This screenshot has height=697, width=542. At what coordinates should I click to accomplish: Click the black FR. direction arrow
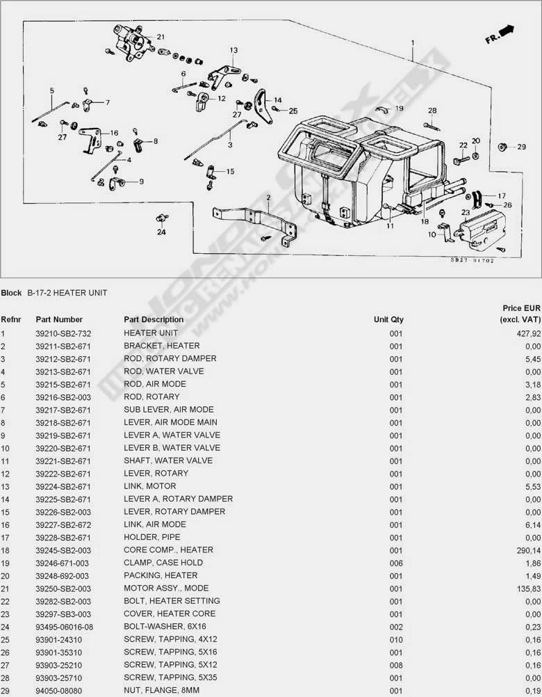coord(507,31)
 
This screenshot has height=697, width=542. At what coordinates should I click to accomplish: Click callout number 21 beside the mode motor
coord(161,37)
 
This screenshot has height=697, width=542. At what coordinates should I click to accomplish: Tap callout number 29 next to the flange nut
coord(522,147)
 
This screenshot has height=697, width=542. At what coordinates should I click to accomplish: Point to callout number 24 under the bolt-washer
coord(162,232)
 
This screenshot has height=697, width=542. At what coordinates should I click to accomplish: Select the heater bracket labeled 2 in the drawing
coord(254,225)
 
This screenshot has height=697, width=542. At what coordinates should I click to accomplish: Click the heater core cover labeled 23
coord(480,230)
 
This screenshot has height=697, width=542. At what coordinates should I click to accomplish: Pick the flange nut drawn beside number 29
coord(503,147)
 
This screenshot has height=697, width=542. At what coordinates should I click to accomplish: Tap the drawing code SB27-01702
coord(472,260)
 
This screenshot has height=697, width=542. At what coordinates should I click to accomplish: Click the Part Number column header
coord(59,319)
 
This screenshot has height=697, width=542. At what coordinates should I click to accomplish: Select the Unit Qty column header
coord(388,319)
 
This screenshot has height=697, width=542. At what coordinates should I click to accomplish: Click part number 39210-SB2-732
coord(63,333)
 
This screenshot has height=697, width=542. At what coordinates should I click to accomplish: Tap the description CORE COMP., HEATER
coord(168,550)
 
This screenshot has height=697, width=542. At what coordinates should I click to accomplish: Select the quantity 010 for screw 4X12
coord(396,640)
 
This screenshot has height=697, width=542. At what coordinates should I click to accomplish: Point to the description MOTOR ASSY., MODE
coord(166,588)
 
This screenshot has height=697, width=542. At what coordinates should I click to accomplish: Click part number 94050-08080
coord(58,691)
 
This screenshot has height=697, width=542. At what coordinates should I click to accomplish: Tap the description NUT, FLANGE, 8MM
coord(162,690)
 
